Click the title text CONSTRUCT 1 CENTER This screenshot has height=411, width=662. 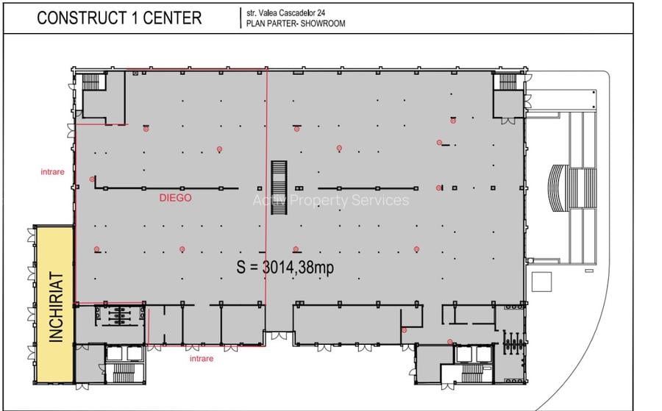click(x=119, y=18)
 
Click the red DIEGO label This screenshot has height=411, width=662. click(x=175, y=198)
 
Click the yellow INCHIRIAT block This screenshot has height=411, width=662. click(x=56, y=303)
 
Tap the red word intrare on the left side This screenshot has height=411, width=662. click(x=52, y=172)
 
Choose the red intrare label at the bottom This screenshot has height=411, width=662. click(x=202, y=359)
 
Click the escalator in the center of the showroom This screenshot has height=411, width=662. click(x=279, y=187)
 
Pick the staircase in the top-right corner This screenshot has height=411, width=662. click(x=507, y=82)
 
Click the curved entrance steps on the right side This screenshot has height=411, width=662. click(x=559, y=187)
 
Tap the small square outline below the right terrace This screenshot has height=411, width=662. click(x=541, y=281)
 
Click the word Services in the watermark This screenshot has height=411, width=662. click(x=380, y=201)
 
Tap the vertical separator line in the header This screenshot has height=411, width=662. click(x=241, y=18)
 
